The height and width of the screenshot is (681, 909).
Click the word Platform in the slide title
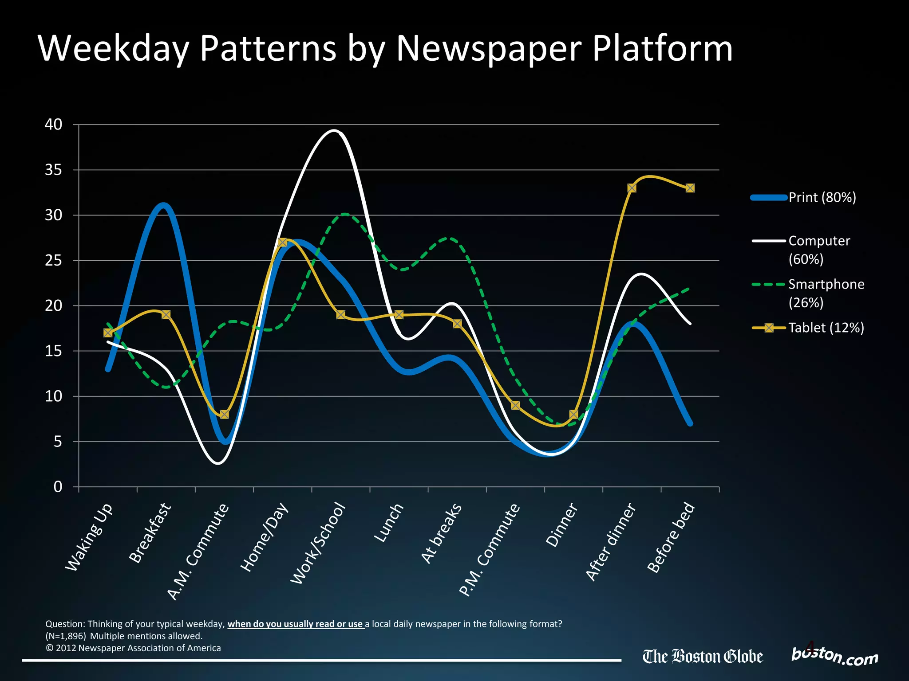click(x=662, y=49)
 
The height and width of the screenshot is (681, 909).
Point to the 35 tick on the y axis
click(x=53, y=170)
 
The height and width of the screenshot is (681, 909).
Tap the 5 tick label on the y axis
click(x=58, y=442)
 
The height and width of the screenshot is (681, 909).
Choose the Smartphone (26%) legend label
click(x=826, y=293)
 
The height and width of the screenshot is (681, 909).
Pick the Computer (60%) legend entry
click(x=819, y=250)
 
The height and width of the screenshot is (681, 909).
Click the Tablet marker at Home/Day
click(x=282, y=242)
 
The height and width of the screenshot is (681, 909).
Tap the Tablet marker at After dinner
click(x=632, y=188)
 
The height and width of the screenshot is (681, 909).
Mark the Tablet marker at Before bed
click(x=690, y=188)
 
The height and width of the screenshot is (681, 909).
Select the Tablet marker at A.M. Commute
click(x=224, y=414)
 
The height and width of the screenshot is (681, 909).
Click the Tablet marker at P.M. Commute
click(x=515, y=405)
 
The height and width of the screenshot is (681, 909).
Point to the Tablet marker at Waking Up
click(x=108, y=333)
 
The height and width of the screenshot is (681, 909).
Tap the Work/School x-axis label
click(x=318, y=543)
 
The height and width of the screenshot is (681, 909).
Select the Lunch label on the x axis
click(x=389, y=523)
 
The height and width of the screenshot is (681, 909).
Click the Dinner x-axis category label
click(x=562, y=525)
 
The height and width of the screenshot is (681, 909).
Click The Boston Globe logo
click(x=703, y=657)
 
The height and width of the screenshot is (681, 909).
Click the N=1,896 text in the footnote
click(x=66, y=636)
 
